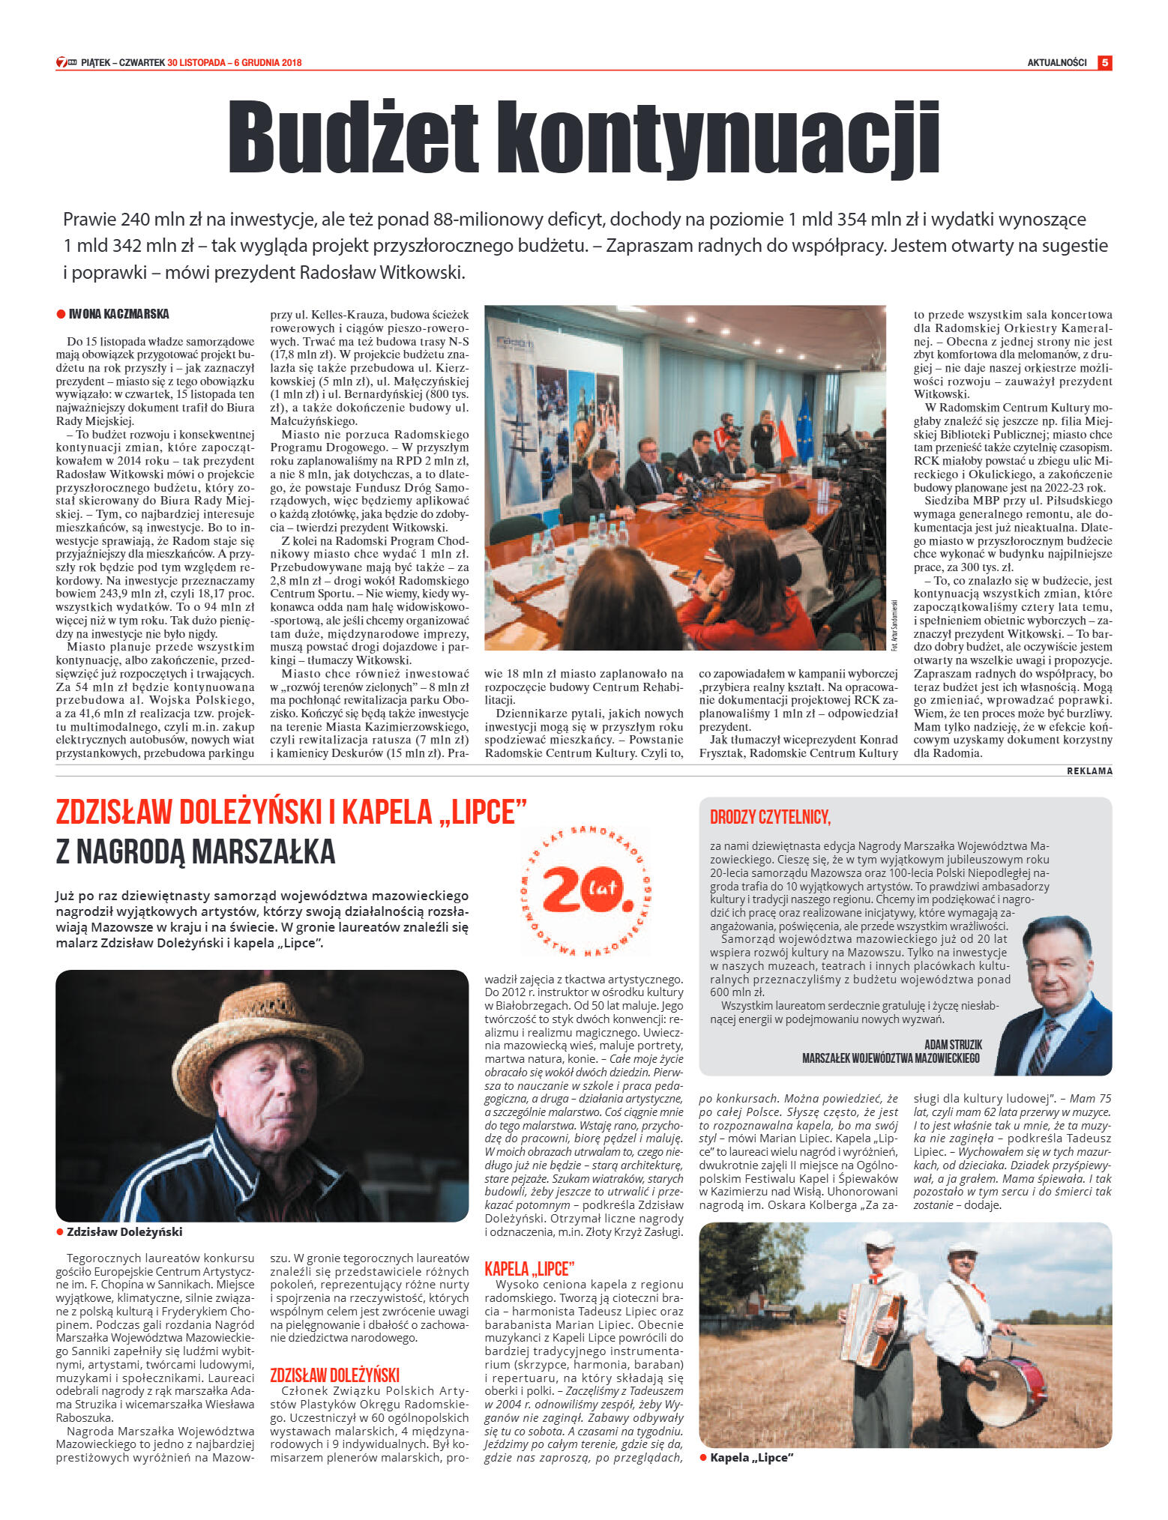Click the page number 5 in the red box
coord(1104,63)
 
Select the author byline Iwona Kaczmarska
coord(118,314)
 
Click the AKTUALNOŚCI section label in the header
coord(1056,63)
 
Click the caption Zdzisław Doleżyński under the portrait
coord(124,1232)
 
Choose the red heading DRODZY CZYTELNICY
coord(770,817)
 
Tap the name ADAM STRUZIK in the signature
coord(953,1044)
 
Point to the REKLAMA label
coord(1089,771)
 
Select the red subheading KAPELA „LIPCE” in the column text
coord(529,1269)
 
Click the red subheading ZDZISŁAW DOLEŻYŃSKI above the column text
coord(334,1375)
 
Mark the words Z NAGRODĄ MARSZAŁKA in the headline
coord(196,852)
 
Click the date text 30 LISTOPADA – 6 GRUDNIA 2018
coord(235,63)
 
